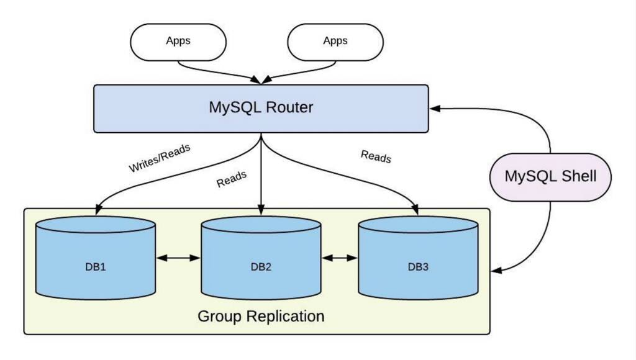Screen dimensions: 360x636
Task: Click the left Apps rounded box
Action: coord(178,42)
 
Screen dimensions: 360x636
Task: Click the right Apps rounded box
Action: coord(335,42)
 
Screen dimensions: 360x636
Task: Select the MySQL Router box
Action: coord(261,108)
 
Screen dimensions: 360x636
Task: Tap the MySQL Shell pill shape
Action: coord(550,177)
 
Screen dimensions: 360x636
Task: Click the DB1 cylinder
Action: coord(95,261)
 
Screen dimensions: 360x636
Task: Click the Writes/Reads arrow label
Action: coord(160,158)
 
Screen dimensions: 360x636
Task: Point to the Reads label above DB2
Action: coord(232,179)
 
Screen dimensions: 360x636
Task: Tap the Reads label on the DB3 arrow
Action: coord(376,156)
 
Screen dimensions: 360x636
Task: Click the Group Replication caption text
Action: coord(261,316)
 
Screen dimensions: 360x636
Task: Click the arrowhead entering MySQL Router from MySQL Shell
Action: coord(435,109)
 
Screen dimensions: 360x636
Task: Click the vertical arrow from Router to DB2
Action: coord(261,174)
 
